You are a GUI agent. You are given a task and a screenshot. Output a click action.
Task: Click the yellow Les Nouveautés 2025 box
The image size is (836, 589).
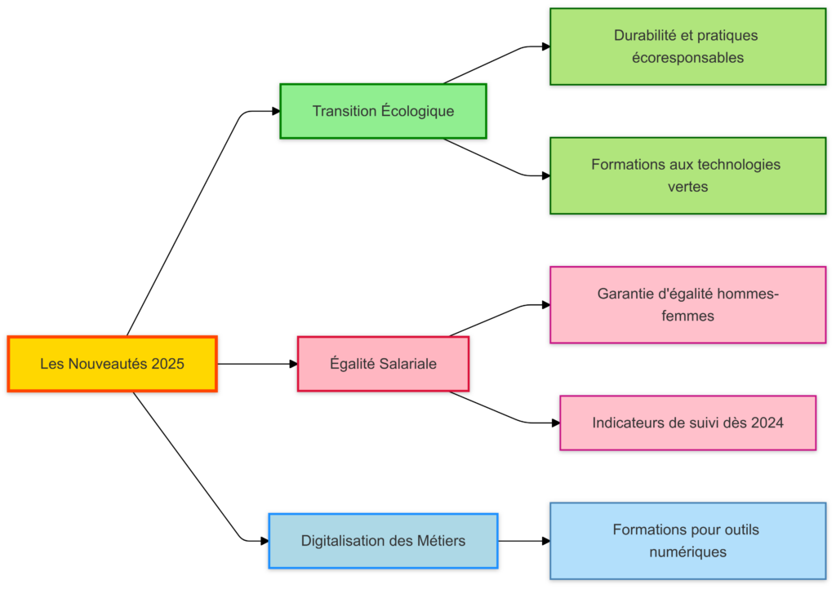(x=112, y=364)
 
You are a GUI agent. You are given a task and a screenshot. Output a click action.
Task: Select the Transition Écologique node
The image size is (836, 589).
(x=383, y=111)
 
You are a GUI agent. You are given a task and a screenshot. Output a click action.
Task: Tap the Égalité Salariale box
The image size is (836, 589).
(x=383, y=364)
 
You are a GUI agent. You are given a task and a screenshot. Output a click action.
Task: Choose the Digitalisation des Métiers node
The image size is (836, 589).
(x=383, y=540)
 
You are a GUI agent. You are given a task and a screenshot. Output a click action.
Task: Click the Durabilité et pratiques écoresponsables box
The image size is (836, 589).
(x=687, y=46)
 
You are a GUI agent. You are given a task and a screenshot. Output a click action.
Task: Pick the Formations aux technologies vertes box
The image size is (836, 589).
(x=687, y=175)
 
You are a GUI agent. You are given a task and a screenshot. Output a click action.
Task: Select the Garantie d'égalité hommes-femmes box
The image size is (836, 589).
(x=687, y=304)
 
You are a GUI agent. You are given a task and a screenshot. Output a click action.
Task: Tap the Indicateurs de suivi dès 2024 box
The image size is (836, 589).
(x=687, y=423)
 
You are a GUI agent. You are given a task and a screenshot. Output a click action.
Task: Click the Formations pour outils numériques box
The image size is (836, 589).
(x=687, y=540)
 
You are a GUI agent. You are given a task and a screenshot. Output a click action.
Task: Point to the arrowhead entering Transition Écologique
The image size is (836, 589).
(x=275, y=111)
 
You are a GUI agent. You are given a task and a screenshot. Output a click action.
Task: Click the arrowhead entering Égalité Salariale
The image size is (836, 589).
(x=293, y=364)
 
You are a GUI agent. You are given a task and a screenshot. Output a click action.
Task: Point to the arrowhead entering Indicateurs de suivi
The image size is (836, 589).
(x=555, y=423)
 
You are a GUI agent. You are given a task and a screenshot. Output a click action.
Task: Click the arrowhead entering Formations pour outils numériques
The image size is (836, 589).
(x=545, y=540)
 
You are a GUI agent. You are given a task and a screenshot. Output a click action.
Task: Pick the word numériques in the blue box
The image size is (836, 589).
(x=687, y=551)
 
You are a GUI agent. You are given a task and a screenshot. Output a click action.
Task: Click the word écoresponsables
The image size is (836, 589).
(x=687, y=58)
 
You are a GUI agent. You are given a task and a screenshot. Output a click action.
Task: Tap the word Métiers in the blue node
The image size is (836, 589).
(x=441, y=540)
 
